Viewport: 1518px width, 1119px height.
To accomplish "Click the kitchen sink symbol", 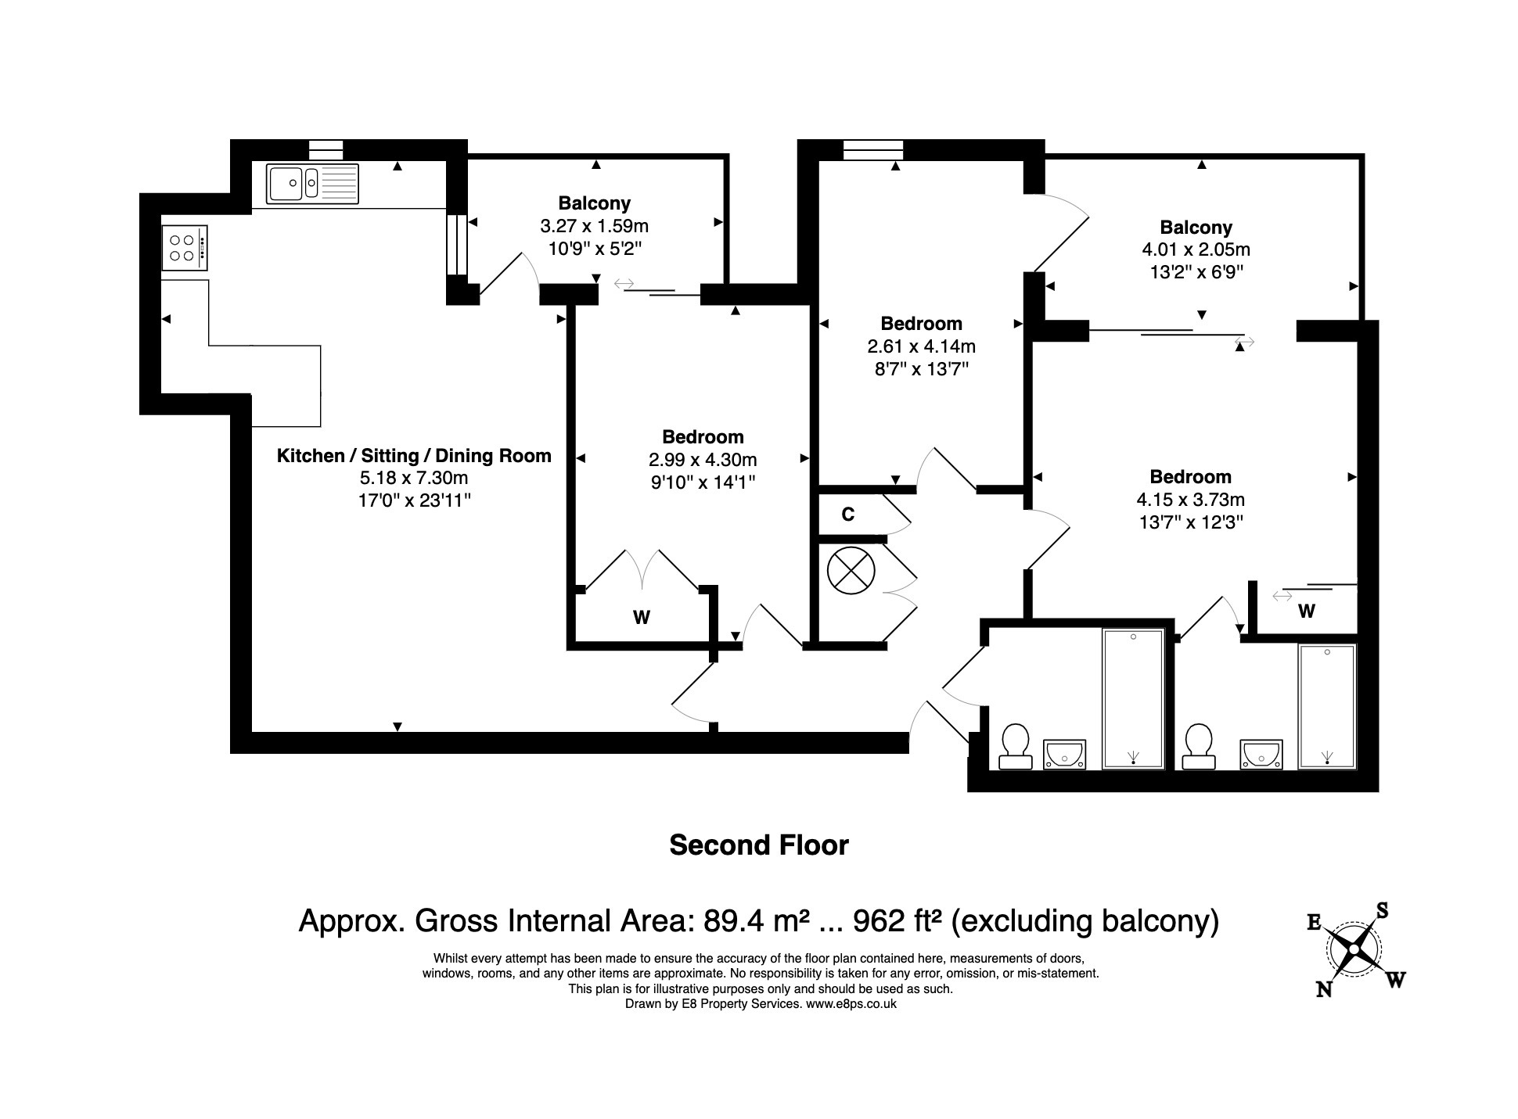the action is (312, 184).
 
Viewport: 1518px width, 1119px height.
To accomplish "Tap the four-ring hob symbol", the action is (185, 249).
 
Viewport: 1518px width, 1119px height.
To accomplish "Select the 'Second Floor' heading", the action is (759, 845).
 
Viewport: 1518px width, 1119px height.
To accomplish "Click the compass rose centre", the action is (1354, 949).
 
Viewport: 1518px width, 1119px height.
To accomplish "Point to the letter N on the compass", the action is (1324, 989).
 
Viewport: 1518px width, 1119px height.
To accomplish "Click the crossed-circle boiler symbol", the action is (851, 569).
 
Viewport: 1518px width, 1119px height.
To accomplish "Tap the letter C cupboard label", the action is (847, 515).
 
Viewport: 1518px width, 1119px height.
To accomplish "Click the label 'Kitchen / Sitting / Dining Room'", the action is (414, 456).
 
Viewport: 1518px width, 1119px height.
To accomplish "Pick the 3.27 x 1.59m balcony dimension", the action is (595, 226).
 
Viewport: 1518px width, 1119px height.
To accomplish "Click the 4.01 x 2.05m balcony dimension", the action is (1196, 249).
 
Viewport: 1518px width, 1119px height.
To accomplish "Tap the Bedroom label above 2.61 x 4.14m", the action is (921, 323).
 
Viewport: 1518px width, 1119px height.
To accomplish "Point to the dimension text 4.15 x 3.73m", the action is (1190, 499).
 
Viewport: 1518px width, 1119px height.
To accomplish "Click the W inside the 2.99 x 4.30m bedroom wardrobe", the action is (642, 618).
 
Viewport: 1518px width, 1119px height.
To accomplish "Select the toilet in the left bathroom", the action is (1016, 746).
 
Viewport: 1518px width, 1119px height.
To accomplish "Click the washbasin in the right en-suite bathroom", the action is (1261, 755).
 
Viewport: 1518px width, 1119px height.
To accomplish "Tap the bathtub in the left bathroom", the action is (1133, 698).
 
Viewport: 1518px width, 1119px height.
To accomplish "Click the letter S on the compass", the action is (1382, 910).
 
